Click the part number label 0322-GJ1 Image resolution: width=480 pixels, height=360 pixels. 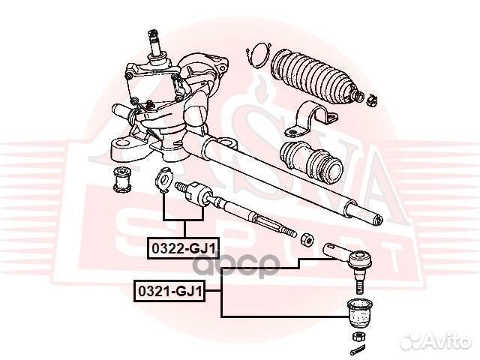(184, 248)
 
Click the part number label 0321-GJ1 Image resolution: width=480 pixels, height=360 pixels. (170, 291)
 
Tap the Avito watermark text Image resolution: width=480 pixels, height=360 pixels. (436, 340)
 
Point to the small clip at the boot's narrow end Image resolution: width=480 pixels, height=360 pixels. (372, 100)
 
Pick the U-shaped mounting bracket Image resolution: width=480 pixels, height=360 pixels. (310, 118)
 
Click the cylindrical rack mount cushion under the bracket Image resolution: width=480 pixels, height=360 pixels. (311, 162)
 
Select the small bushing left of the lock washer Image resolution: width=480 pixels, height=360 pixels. (122, 180)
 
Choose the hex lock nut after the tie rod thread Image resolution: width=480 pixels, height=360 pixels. (307, 239)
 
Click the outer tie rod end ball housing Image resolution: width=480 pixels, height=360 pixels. (360, 259)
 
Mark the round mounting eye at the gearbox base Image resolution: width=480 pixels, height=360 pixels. (123, 143)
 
